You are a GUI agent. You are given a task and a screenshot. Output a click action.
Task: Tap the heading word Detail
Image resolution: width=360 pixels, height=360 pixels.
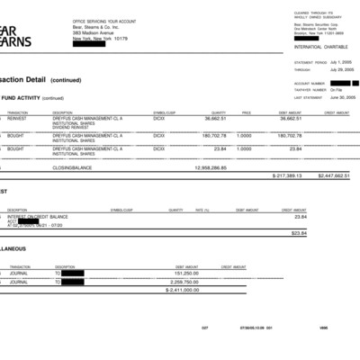pos(35,80)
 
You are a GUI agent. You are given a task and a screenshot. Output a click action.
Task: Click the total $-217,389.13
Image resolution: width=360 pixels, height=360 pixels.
pos(283,175)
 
